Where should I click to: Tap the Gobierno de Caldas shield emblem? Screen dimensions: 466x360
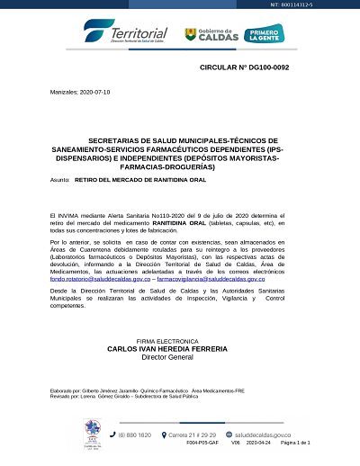[x=190, y=34]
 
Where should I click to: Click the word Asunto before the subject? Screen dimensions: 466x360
[x=60, y=180]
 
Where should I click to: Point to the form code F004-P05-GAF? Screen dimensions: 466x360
[x=201, y=444]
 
